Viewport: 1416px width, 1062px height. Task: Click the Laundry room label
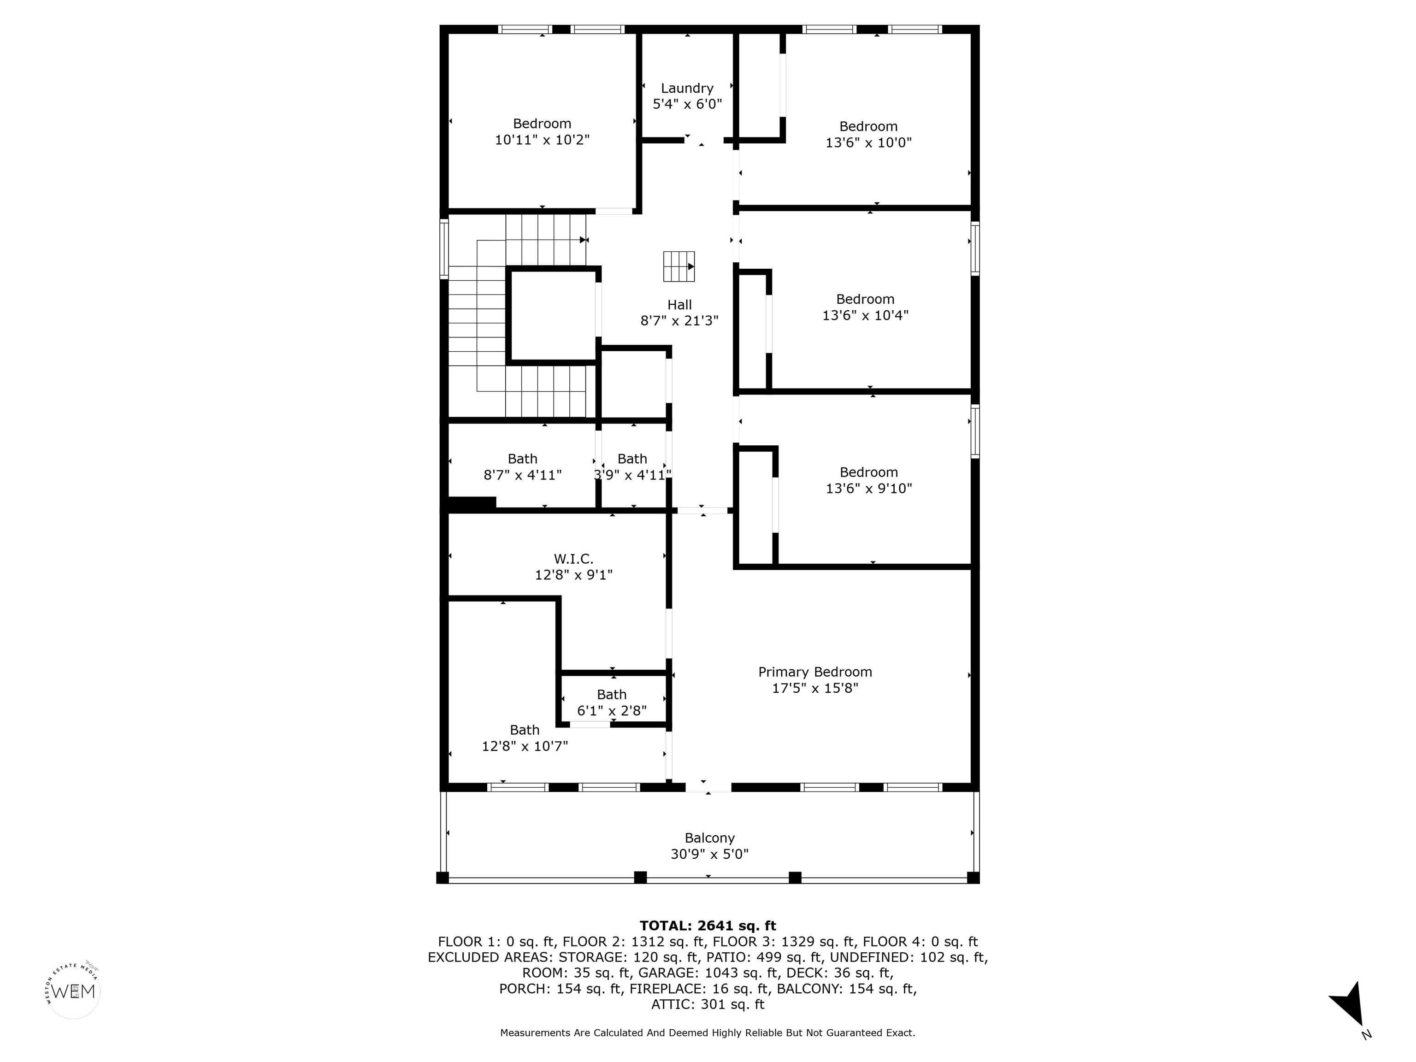coord(687,88)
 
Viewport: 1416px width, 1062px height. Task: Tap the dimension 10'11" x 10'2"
coord(542,140)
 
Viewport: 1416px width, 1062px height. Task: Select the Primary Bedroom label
coord(815,672)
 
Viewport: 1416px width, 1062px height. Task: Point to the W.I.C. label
coord(573,559)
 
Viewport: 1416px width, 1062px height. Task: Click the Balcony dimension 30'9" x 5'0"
coord(709,854)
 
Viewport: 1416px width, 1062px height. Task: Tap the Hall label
coord(679,305)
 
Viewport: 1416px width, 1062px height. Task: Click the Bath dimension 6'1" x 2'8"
coord(612,711)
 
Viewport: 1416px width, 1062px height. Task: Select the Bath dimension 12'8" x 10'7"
coord(525,746)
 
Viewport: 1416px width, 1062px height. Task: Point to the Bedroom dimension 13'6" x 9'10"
coord(869,489)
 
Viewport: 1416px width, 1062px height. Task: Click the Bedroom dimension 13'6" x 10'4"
coord(866,315)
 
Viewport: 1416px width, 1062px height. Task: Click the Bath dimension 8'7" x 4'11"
coord(522,475)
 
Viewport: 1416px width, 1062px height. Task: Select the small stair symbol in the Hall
coord(678,266)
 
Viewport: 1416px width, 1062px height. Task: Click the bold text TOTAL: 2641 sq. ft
coord(708,926)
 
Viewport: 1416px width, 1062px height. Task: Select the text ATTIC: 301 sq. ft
coord(708,1004)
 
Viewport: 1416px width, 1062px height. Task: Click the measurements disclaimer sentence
coord(708,1032)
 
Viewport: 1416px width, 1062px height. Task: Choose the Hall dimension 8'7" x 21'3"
coord(679,321)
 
